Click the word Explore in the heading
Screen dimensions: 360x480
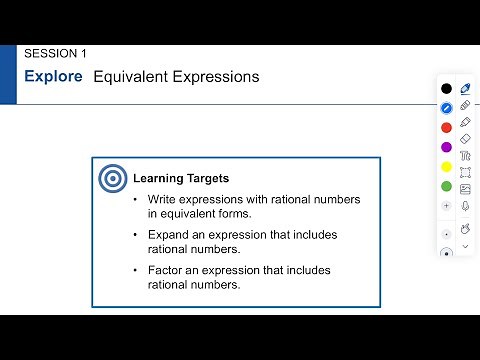[53, 76]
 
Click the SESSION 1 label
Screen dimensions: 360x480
[55, 53]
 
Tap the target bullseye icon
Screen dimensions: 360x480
[112, 179]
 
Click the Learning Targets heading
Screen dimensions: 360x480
[181, 179]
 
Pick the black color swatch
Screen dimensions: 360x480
[446, 89]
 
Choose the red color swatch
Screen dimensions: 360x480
[446, 127]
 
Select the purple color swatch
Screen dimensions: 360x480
[446, 147]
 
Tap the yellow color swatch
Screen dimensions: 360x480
[446, 166]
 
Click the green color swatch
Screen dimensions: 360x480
[446, 186]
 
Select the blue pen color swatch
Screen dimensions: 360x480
[446, 108]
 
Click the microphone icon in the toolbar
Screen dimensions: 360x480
[465, 206]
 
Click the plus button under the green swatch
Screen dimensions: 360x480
[446, 205]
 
